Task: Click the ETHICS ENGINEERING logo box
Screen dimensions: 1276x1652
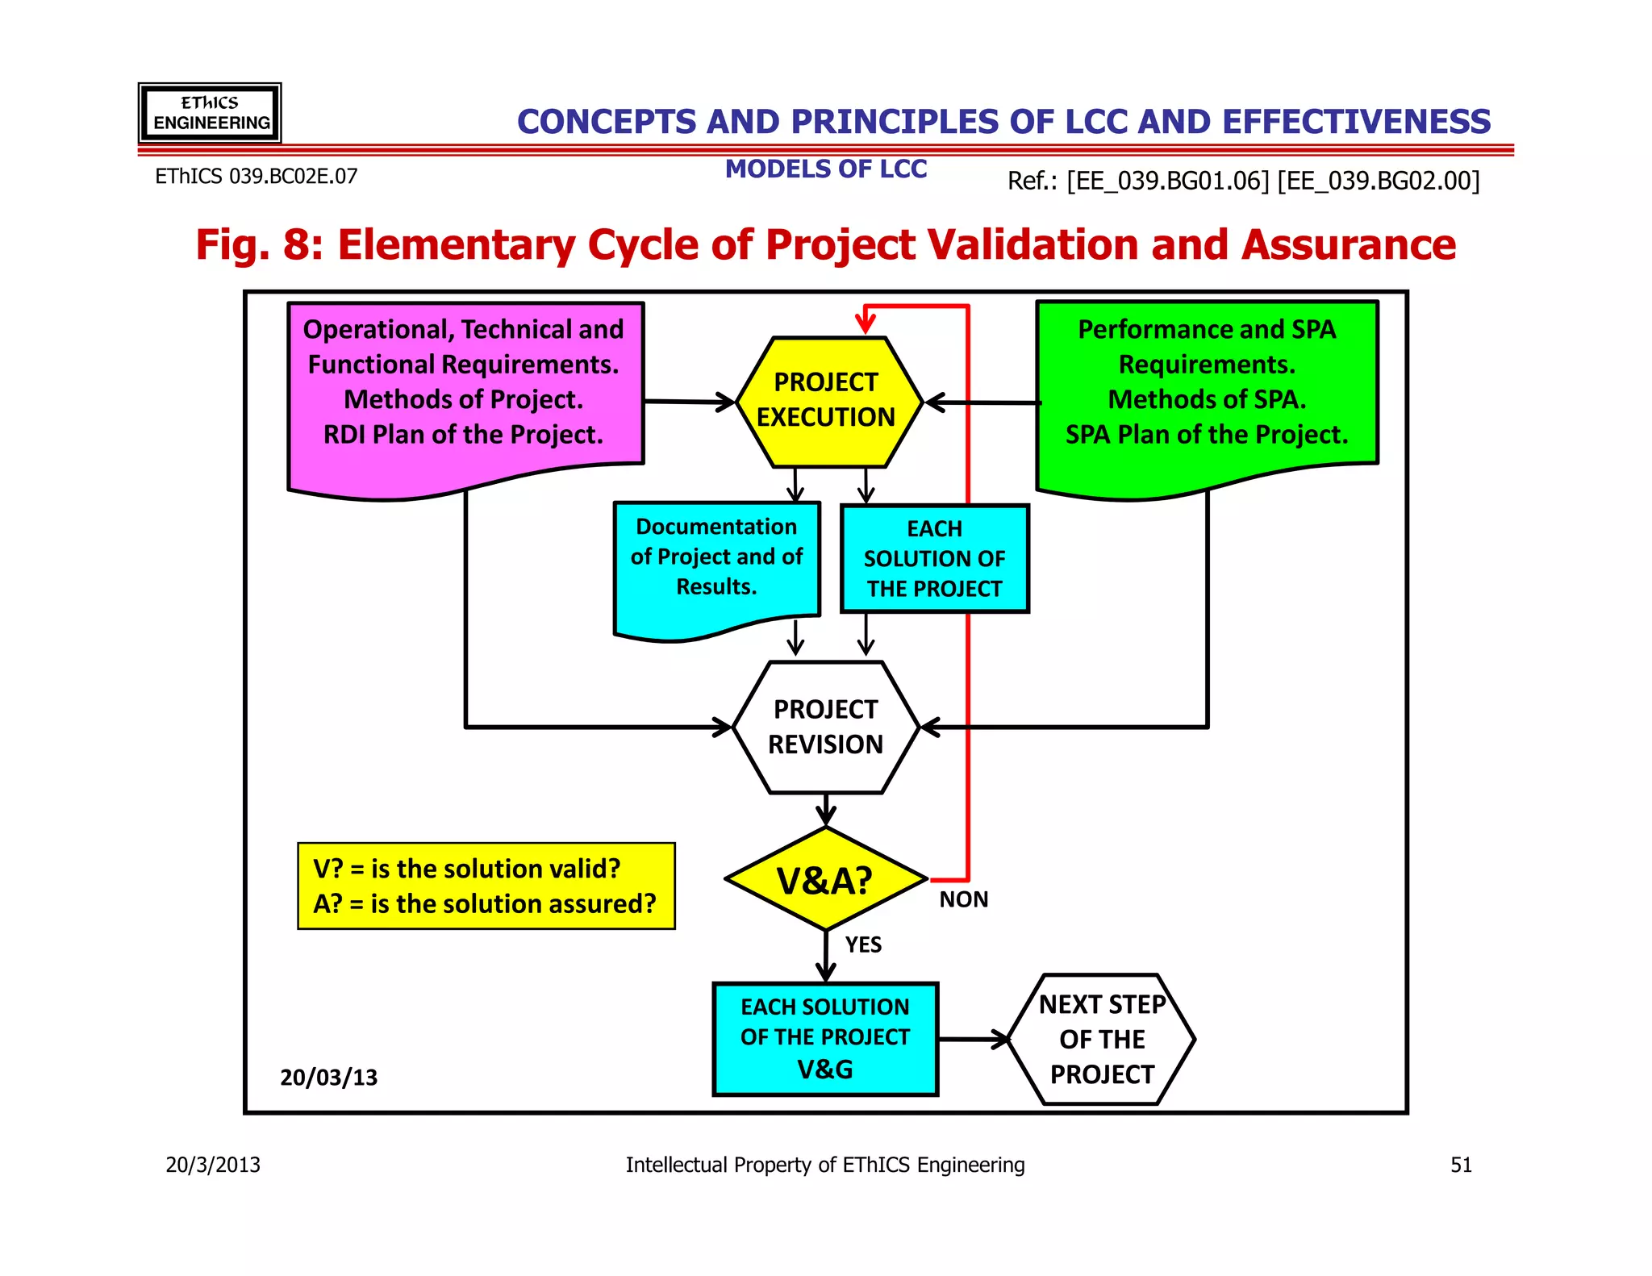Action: pyautogui.click(x=210, y=113)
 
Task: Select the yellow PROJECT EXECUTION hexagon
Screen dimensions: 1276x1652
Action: pyautogui.click(x=827, y=401)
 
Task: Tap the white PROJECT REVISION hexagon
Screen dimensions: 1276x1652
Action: pyautogui.click(x=825, y=727)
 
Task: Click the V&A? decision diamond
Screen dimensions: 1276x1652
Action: pyautogui.click(x=825, y=879)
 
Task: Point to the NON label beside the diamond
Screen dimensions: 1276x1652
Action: pyautogui.click(x=963, y=899)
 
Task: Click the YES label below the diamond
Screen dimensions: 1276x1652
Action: pyautogui.click(x=863, y=944)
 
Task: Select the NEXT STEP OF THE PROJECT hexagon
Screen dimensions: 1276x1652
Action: pyautogui.click(x=1102, y=1039)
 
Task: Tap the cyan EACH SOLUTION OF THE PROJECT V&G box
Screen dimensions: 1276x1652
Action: pyautogui.click(x=825, y=1038)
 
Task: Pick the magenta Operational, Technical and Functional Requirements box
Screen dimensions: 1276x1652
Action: pyautogui.click(x=465, y=387)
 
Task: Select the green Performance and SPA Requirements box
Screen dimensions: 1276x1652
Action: pyautogui.click(x=1207, y=387)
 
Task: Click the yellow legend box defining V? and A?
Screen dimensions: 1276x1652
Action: pyautogui.click(x=486, y=886)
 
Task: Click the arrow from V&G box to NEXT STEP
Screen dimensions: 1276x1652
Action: pyautogui.click(x=976, y=1039)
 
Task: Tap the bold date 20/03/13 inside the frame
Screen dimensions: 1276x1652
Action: pyautogui.click(x=328, y=1078)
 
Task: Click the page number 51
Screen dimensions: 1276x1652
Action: pyautogui.click(x=1461, y=1165)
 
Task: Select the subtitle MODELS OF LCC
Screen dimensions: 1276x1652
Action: pyautogui.click(x=825, y=169)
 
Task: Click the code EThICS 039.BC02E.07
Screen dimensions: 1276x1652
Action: pyautogui.click(x=256, y=176)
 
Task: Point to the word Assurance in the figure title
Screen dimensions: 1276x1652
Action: pyautogui.click(x=1349, y=245)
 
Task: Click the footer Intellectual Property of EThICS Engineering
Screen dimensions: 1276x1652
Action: pyautogui.click(x=825, y=1165)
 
